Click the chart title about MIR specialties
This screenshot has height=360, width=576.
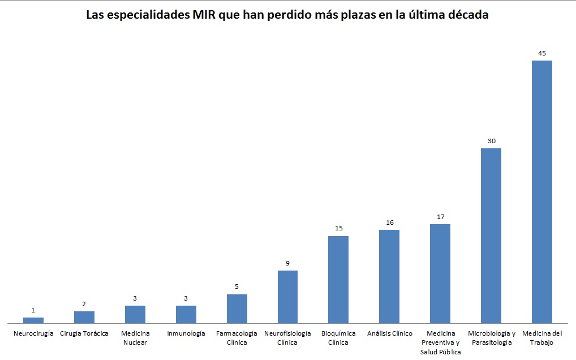287,15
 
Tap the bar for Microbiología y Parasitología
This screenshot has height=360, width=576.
491,235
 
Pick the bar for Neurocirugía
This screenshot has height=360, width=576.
33,320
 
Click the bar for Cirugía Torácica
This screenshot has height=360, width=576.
84,317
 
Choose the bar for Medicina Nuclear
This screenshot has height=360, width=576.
135,314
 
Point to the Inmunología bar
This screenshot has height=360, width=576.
186,314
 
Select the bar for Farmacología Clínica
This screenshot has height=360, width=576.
237,308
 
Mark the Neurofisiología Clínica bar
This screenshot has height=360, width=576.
287,297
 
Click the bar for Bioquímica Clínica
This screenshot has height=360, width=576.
338,279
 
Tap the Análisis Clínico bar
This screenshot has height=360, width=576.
389,276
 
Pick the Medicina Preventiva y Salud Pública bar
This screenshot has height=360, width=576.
440,273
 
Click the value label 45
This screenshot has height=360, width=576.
541,53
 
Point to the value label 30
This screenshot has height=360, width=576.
491,141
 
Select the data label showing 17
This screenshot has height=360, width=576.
440,217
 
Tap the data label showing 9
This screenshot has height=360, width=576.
287,263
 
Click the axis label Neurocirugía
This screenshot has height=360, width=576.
33,333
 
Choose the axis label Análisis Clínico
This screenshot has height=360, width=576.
389,333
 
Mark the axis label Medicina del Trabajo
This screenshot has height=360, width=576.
541,337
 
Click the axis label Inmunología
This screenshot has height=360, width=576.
186,333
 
